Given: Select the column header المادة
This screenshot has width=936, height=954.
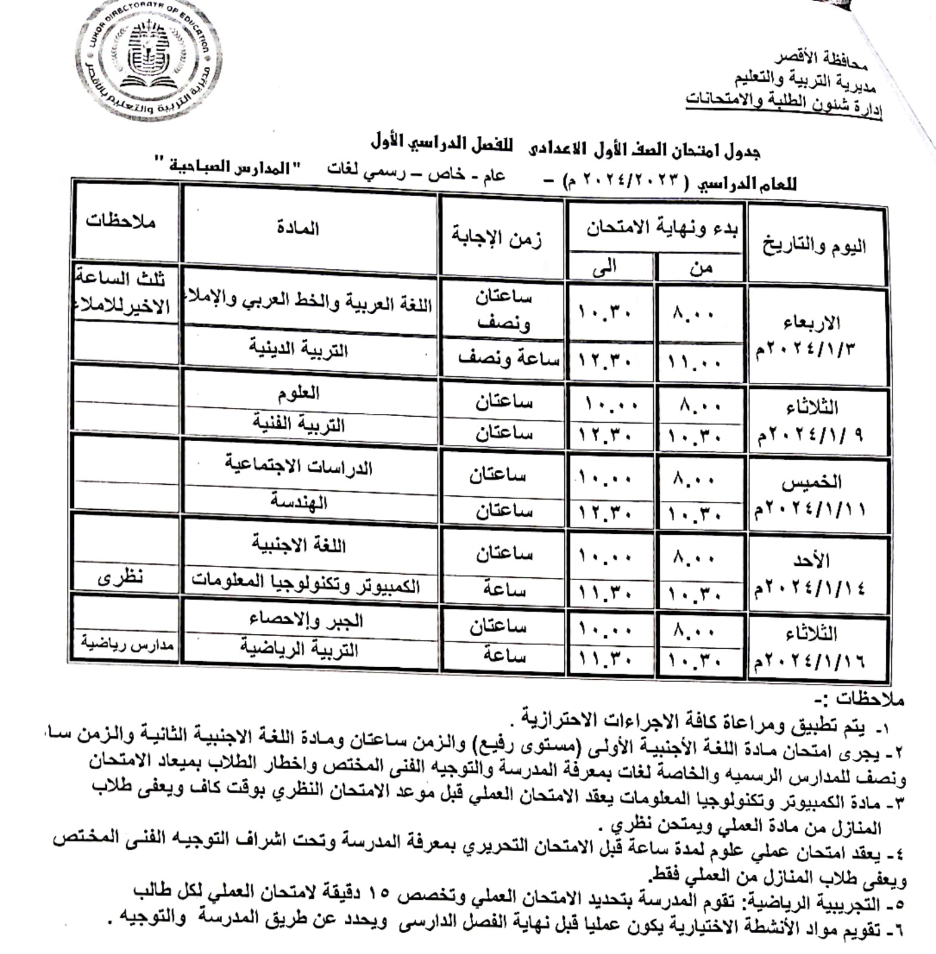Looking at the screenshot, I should (x=298, y=228).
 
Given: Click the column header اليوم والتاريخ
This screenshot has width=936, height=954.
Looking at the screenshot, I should (x=814, y=245).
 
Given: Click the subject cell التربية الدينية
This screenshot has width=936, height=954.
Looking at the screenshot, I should (x=298, y=348).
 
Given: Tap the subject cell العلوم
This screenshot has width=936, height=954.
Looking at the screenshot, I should (x=298, y=392).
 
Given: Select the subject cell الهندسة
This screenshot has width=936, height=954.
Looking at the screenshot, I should (x=298, y=501).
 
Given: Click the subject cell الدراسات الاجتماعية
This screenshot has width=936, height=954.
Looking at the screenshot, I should (x=298, y=466).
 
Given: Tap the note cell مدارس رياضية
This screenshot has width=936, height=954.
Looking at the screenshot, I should (x=127, y=645).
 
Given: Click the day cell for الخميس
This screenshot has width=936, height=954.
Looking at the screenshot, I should (x=811, y=495).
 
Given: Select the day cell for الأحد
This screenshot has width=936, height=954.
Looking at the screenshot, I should (x=811, y=573).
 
